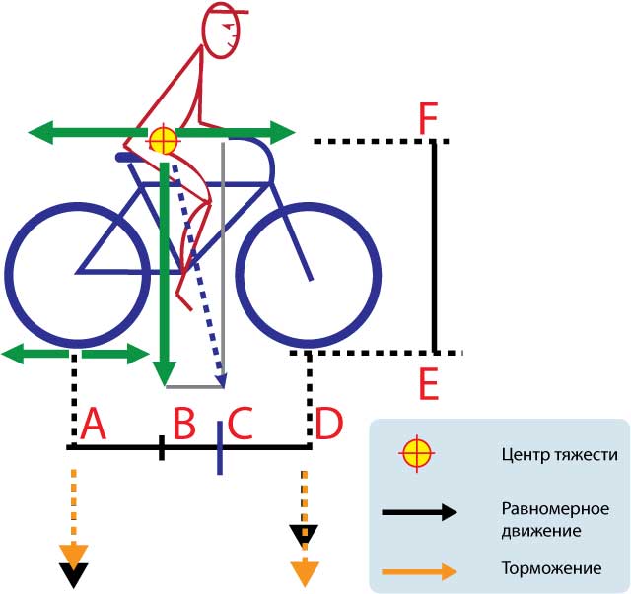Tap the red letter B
point(184,425)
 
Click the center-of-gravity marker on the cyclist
point(162,141)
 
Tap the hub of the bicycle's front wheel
point(314,279)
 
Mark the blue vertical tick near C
point(218,447)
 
